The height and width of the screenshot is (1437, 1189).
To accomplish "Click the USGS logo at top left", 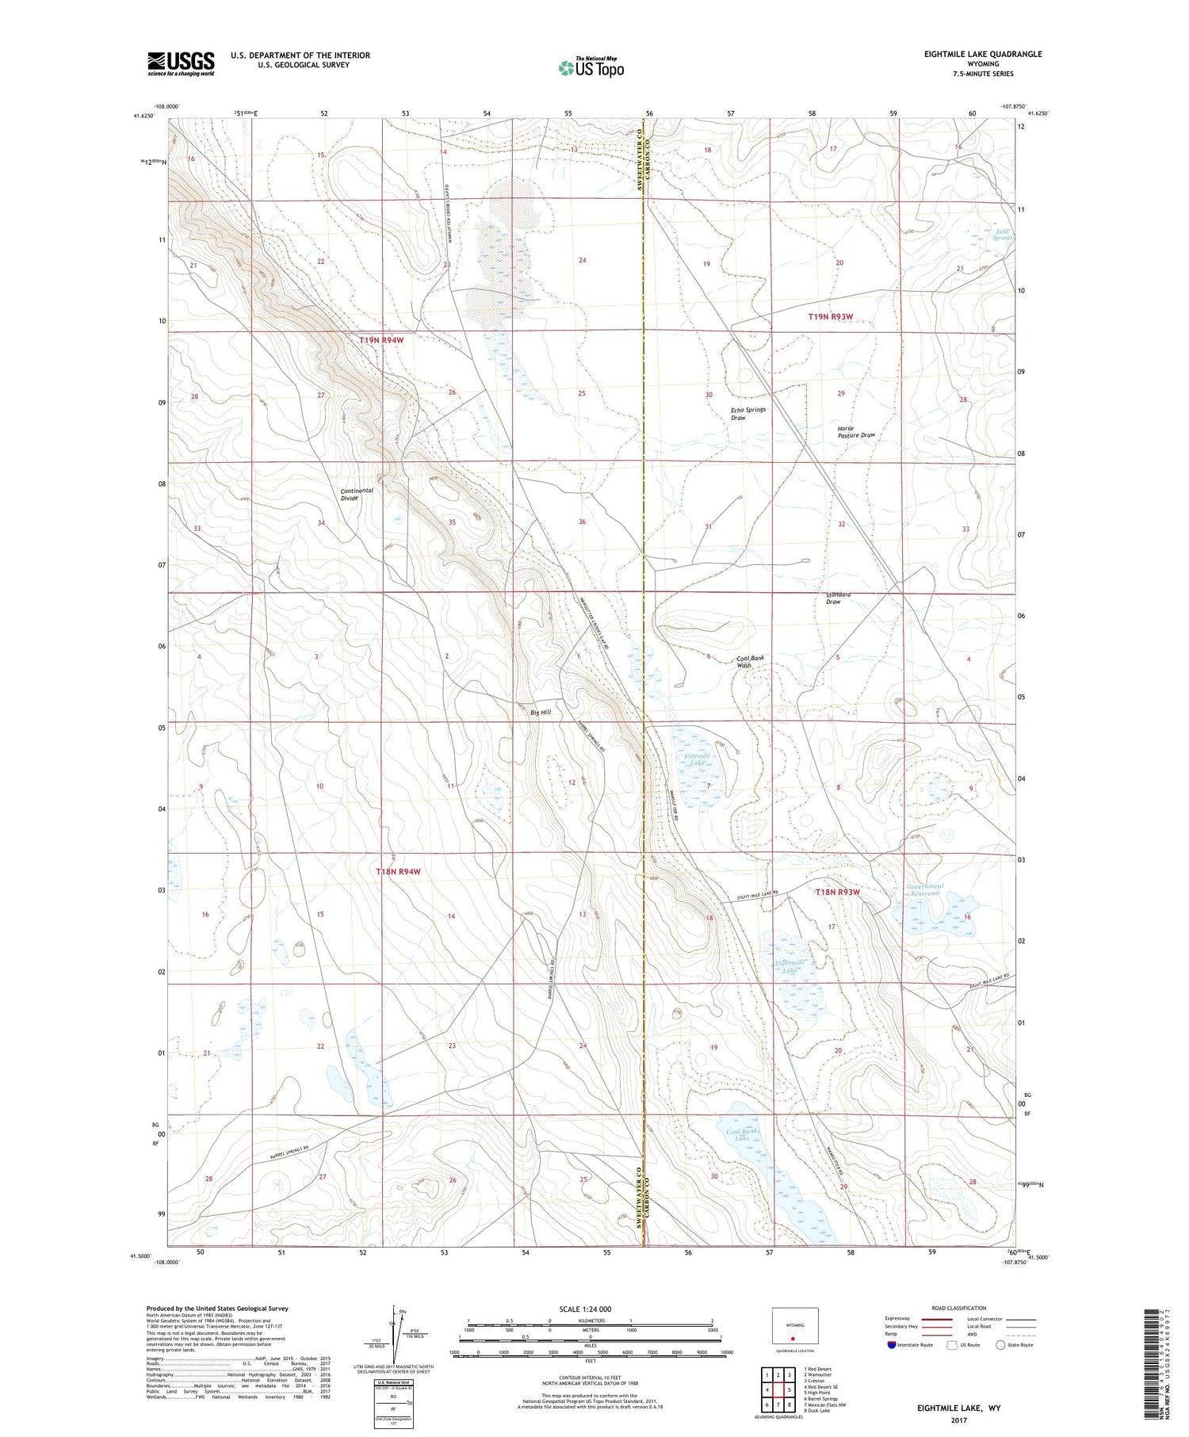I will pyautogui.click(x=181, y=63).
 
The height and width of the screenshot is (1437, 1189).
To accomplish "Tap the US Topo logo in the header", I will pyautogui.click(x=591, y=68).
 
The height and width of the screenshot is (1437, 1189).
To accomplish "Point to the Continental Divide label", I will pyautogui.click(x=356, y=494).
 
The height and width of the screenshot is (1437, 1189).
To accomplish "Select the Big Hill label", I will pyautogui.click(x=541, y=713).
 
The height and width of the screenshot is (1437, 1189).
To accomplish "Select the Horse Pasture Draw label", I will pyautogui.click(x=856, y=432).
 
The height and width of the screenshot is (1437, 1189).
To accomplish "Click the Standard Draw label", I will pyautogui.click(x=838, y=598).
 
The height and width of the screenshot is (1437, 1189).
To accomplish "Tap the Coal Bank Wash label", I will pyautogui.click(x=750, y=661).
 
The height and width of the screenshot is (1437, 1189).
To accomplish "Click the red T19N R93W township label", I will pyautogui.click(x=830, y=316).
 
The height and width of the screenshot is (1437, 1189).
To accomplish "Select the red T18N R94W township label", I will pyautogui.click(x=398, y=871).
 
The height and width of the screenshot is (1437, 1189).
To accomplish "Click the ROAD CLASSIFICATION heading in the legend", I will pyautogui.click(x=959, y=1308).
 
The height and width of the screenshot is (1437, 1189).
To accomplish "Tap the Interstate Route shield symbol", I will pyautogui.click(x=892, y=1345).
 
